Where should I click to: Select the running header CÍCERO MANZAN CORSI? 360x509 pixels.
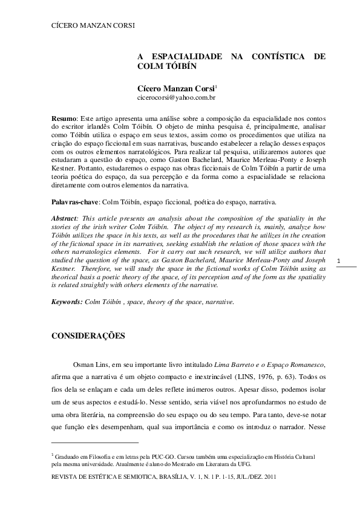pyautogui.click(x=92, y=25)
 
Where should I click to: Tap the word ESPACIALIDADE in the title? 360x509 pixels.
pyautogui.click(x=188, y=56)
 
